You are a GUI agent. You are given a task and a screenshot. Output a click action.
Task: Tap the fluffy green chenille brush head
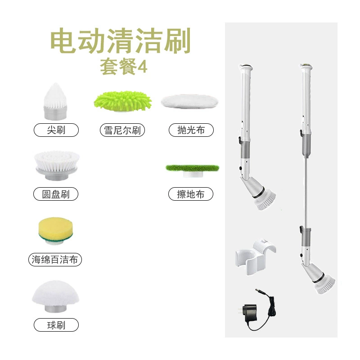pos(122,101)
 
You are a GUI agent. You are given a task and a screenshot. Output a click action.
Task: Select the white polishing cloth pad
pos(189,101)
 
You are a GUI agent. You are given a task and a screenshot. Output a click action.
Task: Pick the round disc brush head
pos(57,165)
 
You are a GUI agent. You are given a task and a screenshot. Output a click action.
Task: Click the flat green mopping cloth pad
pos(193,171)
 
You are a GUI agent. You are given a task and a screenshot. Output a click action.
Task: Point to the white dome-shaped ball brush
pos(55,296)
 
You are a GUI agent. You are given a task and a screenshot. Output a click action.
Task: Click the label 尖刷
pos(56,130)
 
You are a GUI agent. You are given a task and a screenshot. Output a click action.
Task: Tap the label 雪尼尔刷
pos(122,130)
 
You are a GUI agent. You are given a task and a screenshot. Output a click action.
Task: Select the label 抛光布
pos(191,130)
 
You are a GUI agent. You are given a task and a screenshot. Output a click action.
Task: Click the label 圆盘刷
pos(56,194)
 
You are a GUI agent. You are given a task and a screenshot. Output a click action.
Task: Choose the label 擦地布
pos(190,194)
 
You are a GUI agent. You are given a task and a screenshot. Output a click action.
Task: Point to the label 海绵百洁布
pos(55,260)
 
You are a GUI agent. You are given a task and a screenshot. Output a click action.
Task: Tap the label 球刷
pos(56,325)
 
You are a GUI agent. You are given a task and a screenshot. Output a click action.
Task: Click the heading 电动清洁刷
pos(121,41)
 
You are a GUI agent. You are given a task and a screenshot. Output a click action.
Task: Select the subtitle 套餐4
pos(123,67)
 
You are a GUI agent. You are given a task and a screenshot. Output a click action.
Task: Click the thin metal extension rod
pos(306,193)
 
